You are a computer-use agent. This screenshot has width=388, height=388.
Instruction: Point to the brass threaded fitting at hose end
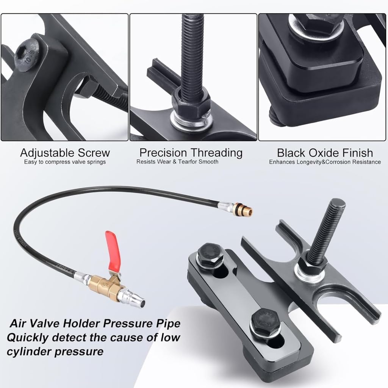pos(246,209)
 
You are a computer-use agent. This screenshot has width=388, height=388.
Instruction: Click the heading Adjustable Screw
pos(65,153)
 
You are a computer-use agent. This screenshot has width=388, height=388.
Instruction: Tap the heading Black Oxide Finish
pos(325,153)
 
